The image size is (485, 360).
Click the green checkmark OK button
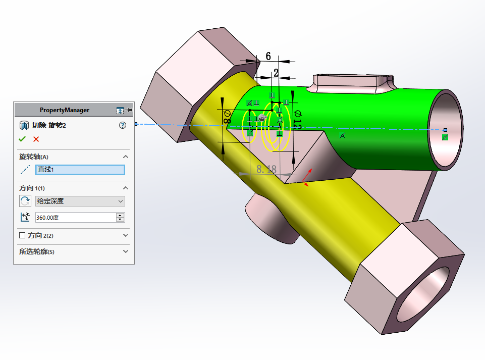coord(22,139)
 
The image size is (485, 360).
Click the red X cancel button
coord(36,139)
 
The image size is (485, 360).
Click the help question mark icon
coord(122,125)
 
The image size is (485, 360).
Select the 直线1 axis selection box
coord(80,170)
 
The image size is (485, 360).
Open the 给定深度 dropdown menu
coord(80,201)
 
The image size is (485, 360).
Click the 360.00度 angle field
coord(75,218)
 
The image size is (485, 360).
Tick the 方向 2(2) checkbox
coord(22,235)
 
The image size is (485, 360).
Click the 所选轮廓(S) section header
coord(36,251)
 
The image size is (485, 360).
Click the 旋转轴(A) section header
coord(34,157)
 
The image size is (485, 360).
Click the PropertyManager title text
coord(65,110)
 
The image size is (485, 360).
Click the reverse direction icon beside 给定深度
coord(25,201)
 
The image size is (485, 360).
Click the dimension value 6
coord(268,56)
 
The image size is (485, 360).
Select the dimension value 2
coord(276,73)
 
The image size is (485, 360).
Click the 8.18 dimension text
coord(266,170)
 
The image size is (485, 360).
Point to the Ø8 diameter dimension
coord(226,117)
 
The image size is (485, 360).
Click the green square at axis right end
coord(445,137)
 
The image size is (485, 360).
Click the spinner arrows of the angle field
coord(120,218)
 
